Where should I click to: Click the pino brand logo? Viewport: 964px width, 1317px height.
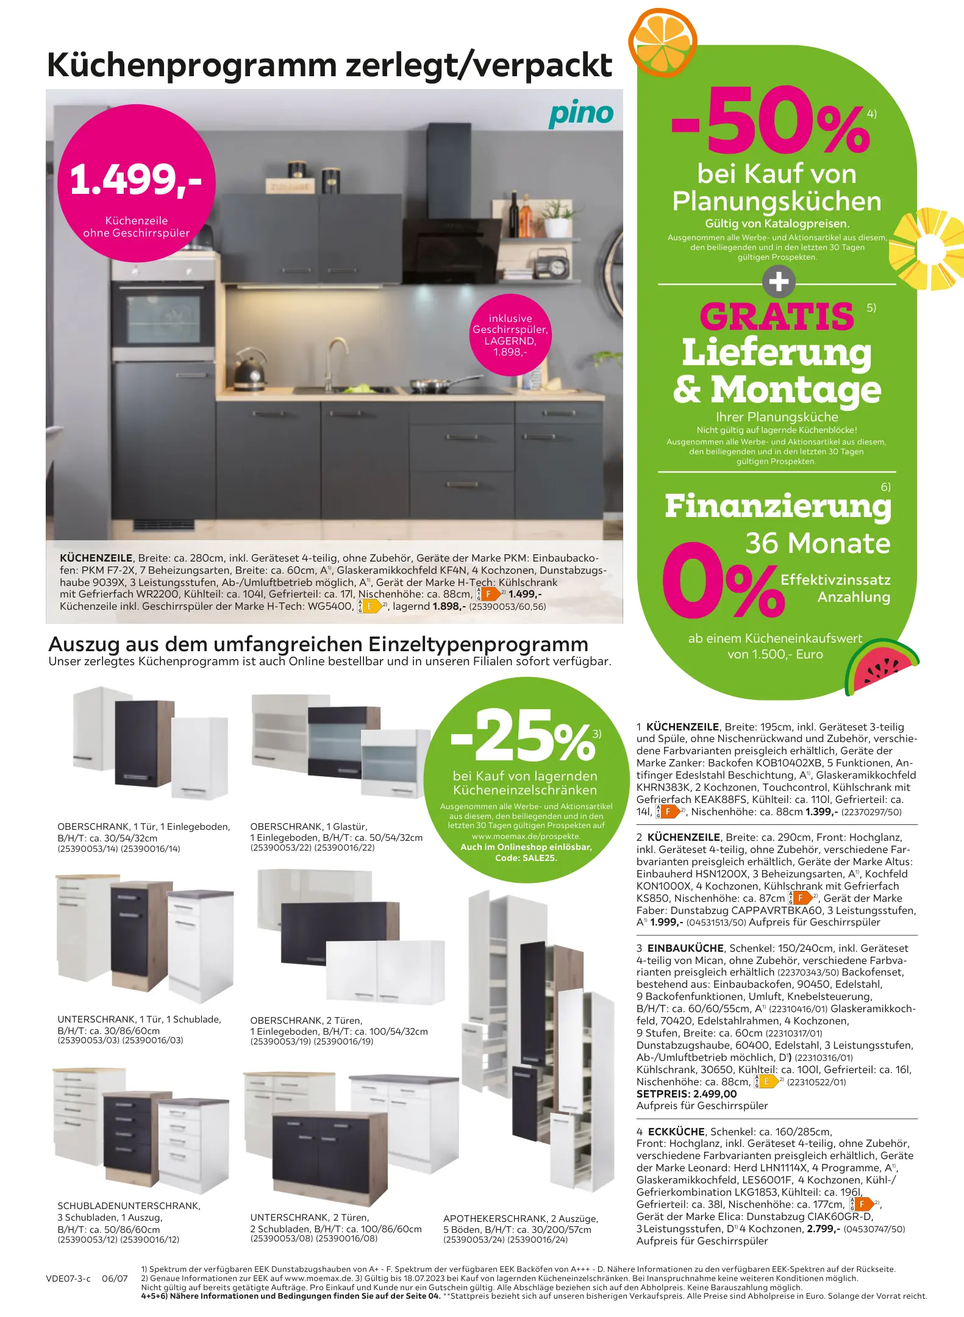tap(580, 114)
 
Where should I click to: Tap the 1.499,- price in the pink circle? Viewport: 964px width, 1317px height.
tap(135, 180)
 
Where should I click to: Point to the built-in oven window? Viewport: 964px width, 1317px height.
tap(163, 321)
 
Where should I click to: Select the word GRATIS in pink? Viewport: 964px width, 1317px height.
tap(777, 316)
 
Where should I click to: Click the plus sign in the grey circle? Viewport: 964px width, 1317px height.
tap(779, 282)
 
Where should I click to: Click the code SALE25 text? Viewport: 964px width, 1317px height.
tap(526, 858)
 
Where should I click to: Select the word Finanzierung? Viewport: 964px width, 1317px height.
tap(777, 507)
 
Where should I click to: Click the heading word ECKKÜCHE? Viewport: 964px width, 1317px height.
tap(676, 1132)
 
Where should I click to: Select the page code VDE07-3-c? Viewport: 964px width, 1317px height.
tap(68, 1279)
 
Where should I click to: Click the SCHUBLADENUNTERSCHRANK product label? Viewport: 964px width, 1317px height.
tap(129, 1205)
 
